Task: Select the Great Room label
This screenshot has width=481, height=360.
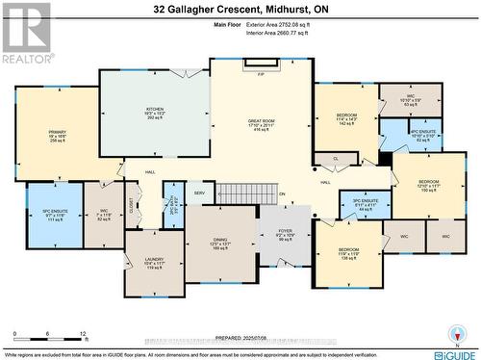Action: pyautogui.click(x=260, y=121)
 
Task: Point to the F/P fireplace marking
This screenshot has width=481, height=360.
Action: pyautogui.click(x=261, y=73)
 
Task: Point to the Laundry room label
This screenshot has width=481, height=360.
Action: pyautogui.click(x=154, y=259)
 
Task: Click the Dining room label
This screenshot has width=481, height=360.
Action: pyautogui.click(x=220, y=241)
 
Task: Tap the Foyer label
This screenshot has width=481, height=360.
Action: pyautogui.click(x=285, y=231)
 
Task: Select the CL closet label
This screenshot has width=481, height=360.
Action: pyautogui.click(x=337, y=159)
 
